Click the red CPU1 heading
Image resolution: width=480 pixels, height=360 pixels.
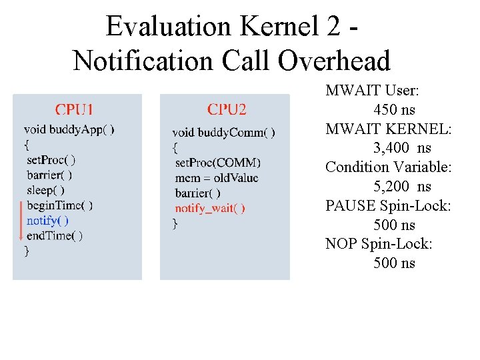74,110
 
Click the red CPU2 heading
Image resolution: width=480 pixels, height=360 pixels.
227,110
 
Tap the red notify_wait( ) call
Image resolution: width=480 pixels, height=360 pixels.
210,208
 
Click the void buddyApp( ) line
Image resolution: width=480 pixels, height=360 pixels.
69,130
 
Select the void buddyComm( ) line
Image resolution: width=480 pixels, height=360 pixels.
223,133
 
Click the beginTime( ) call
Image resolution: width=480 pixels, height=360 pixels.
59,205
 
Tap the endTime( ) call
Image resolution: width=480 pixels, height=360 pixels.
55,235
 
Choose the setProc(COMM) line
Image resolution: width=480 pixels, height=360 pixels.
218,163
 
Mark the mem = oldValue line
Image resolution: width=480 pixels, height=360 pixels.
217,178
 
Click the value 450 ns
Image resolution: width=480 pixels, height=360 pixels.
395,110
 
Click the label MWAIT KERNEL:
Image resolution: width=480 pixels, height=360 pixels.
389,129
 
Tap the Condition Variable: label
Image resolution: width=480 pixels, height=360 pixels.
389,167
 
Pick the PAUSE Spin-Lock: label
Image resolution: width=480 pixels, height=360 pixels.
389,206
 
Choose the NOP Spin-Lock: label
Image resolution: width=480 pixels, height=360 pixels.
379,244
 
